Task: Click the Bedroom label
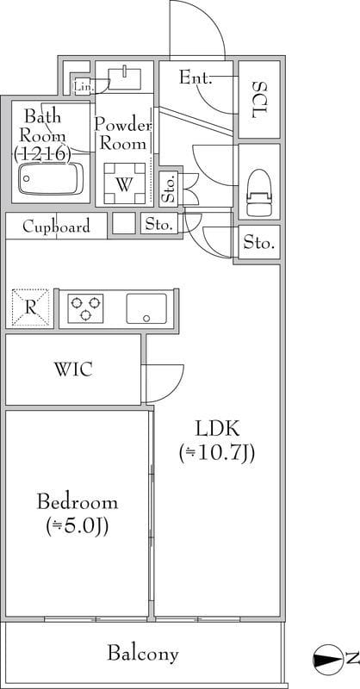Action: [x=78, y=502]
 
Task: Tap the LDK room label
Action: [x=217, y=428]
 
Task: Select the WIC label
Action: [x=73, y=369]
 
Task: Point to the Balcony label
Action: [x=143, y=654]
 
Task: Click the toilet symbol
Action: [x=259, y=192]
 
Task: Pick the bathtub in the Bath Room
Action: [x=51, y=179]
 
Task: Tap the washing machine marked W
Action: [x=124, y=183]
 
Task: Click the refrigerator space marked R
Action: [x=30, y=307]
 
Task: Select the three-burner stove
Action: [x=85, y=308]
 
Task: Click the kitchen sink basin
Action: [x=146, y=308]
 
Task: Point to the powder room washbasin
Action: [x=125, y=78]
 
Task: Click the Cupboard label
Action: [x=56, y=227]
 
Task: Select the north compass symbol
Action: [x=327, y=659]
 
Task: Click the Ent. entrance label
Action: [x=196, y=78]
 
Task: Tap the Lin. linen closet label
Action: [x=84, y=87]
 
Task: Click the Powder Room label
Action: [x=122, y=134]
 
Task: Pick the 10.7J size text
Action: [x=217, y=454]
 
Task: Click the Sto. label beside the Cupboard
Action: [x=158, y=226]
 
